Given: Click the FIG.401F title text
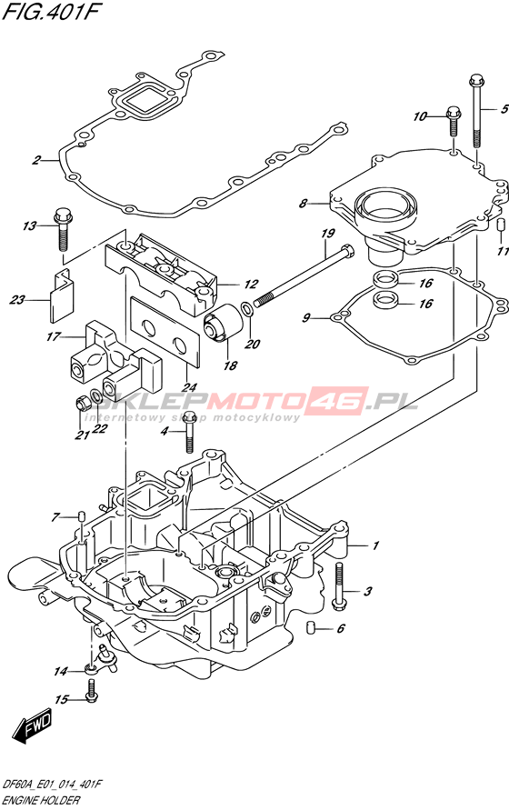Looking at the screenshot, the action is point(52,13).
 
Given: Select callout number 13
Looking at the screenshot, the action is point(29,225).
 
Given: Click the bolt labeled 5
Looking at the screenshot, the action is point(476,111).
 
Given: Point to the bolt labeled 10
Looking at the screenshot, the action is point(454,121).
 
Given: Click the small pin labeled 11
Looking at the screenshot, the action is point(500,225).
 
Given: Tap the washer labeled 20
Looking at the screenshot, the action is point(247,310).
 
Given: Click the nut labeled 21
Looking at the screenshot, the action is point(81,403).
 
